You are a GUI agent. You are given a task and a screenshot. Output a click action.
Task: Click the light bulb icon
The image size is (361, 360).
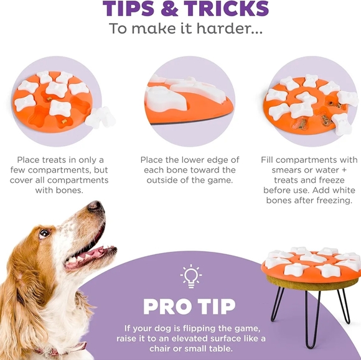(x=190, y=276)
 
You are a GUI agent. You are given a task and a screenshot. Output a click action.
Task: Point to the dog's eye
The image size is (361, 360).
(x=44, y=234)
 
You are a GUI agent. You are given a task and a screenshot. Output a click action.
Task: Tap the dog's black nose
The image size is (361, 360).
(x=95, y=206)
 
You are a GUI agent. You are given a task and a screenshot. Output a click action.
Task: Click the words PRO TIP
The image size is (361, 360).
(x=189, y=307)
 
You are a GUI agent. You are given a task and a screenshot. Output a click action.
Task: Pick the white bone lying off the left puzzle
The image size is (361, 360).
(x=100, y=117)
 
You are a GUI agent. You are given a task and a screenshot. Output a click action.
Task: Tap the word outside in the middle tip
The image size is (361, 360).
(x=164, y=180)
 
